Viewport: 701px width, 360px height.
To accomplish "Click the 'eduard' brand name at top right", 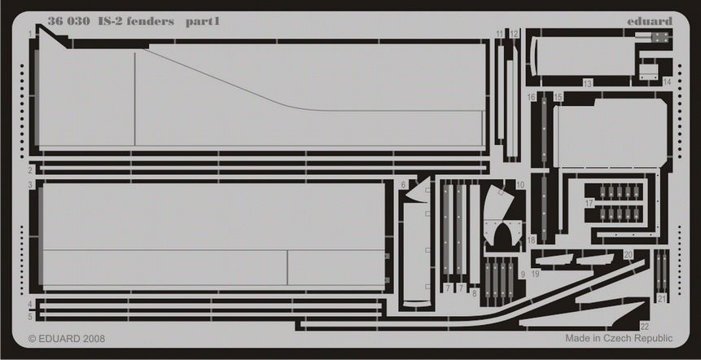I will coord(650,21).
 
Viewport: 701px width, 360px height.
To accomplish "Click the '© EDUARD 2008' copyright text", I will coord(66,338).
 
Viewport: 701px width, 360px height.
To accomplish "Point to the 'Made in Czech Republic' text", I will coord(618,338).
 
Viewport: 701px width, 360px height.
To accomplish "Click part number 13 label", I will coord(587,84).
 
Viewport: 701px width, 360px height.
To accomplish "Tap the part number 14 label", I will coord(667,81).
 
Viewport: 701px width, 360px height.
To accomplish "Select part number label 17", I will coord(589,203).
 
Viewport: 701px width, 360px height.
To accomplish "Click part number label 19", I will coord(535,274).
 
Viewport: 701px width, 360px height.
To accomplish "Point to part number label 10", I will coord(520,186).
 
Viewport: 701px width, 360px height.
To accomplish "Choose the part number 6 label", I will coord(403,186).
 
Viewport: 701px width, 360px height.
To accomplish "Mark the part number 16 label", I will coord(531,98).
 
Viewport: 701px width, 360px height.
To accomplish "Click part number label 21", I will coord(662,298).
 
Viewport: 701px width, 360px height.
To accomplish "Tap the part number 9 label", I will coord(522,274).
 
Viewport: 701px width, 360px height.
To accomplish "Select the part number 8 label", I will coord(474,291).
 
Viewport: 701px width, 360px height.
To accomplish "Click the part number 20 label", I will coord(628,255).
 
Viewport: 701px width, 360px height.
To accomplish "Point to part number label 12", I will coord(514,34).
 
